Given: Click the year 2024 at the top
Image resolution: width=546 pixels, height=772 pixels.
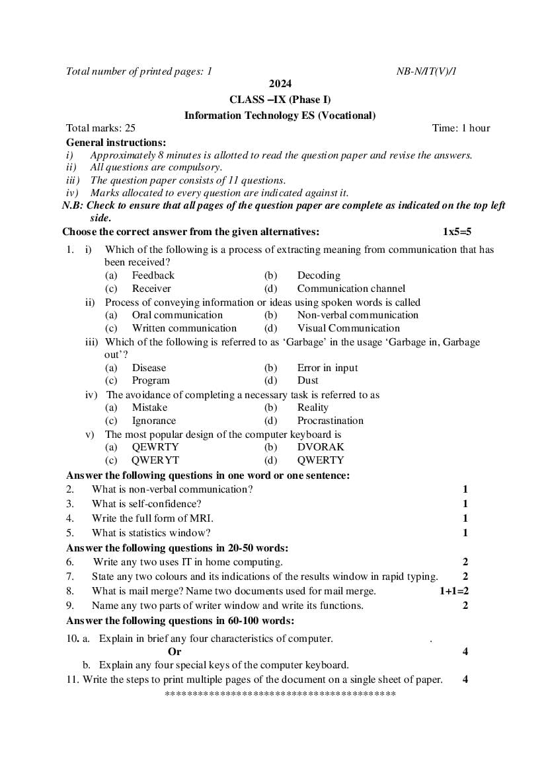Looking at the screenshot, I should coord(280,84).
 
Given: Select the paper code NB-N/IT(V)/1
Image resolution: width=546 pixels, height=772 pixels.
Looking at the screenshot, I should coord(426,71).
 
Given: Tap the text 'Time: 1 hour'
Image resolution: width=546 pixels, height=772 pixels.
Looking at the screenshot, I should coord(461,128).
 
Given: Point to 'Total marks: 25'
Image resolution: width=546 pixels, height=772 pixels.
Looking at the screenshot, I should coord(100,128).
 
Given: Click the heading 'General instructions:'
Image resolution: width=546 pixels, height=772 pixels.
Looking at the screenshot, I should coord(116,142).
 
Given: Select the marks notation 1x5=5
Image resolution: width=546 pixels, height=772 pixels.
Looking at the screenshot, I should coord(457,232).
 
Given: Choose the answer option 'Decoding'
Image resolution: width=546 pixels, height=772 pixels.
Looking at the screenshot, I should coord(319,275).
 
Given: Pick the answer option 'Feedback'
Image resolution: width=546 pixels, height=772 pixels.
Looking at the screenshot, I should coord(153,275).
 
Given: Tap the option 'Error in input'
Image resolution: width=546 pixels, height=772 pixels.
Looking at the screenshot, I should coord(327,368).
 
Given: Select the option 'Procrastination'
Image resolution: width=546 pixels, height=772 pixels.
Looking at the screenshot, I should coord(330,421).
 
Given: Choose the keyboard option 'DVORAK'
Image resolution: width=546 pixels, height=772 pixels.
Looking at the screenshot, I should coord(321,447).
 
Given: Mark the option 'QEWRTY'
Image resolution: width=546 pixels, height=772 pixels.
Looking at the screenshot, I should coord(155,447).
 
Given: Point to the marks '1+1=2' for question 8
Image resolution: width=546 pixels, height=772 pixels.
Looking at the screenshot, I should coord(454,591).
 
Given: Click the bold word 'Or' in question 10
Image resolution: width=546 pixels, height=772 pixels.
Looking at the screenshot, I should coord(175,652).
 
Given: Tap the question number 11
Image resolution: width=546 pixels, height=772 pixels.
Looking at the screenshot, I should coord(72,679).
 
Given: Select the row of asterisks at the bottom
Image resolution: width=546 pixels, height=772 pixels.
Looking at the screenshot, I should coord(280,694).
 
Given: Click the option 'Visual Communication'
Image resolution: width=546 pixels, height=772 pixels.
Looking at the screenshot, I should coord(348,328).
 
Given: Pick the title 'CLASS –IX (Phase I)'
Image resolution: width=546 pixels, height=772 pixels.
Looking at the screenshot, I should coord(280,100).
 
